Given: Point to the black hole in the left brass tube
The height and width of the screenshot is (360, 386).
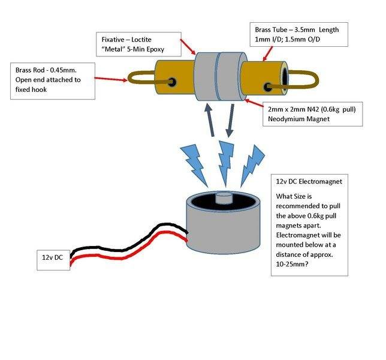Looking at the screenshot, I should pyautogui.click(x=174, y=82).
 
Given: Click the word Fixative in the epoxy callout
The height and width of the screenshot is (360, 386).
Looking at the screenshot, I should pyautogui.click(x=115, y=40).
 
